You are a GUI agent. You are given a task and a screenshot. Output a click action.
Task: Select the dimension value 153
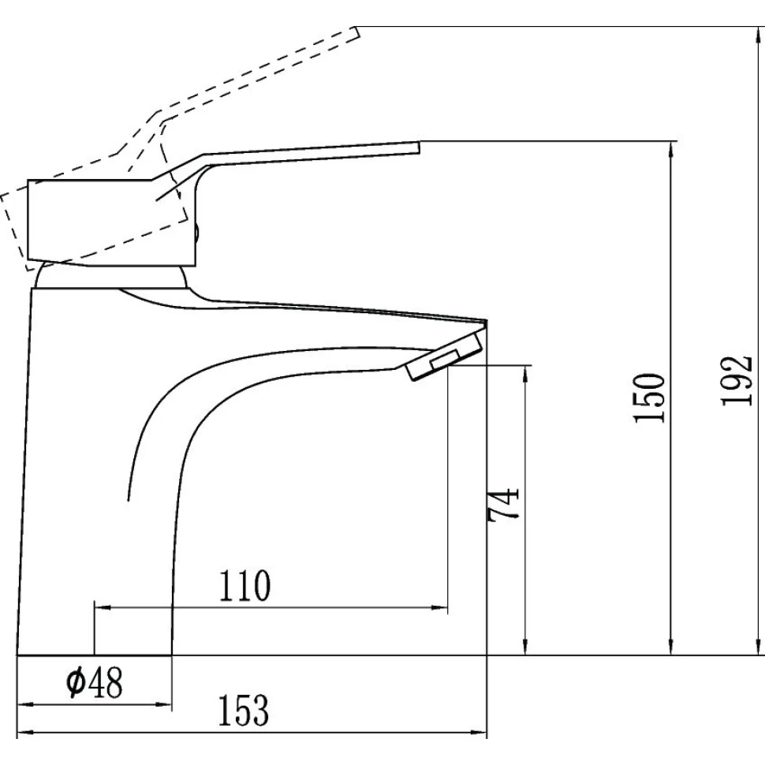244,712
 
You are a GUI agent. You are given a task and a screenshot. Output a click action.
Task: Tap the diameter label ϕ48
95,682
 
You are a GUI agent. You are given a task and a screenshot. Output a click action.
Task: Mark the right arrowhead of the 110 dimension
442,608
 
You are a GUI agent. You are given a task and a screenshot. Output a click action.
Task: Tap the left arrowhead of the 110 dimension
100,608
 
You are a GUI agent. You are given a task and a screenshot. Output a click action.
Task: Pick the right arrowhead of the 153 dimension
482,733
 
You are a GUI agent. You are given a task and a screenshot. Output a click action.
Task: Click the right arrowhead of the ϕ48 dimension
166,703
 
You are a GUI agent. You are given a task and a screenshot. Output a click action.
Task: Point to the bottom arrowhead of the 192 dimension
759,649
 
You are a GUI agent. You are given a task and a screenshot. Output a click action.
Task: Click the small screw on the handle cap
196,233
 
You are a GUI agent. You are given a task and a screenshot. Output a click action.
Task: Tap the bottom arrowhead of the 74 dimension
524,649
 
